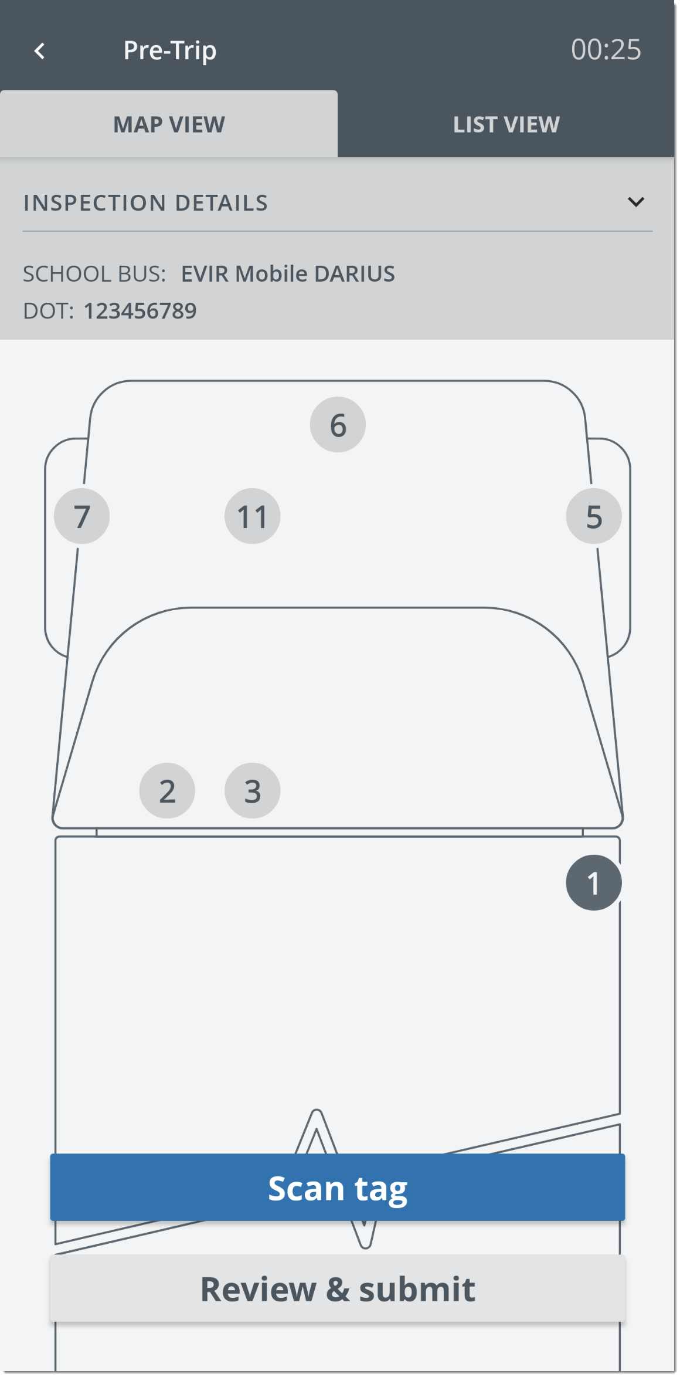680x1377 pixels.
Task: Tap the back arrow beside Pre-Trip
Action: (39, 51)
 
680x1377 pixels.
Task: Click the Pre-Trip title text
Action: (169, 50)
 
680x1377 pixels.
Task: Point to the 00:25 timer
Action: (606, 50)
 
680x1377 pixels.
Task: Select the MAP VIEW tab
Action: (169, 124)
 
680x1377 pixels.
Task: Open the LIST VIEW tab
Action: (506, 124)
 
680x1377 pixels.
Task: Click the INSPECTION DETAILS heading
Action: (145, 203)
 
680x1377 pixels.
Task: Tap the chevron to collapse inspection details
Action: (635, 202)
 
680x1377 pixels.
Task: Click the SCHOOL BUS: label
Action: (94, 274)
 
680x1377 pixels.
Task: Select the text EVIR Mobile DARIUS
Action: (287, 274)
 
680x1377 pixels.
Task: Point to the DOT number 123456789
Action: (140, 311)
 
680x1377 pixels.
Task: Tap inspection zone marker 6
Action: (338, 425)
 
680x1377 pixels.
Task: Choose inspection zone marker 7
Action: (82, 516)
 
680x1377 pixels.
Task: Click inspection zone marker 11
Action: (252, 516)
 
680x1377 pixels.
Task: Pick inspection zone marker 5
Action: (593, 516)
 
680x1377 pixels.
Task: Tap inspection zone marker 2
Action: (167, 791)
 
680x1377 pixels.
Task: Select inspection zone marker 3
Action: (252, 791)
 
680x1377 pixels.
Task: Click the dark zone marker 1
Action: (593, 882)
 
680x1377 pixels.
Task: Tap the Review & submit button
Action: (338, 1289)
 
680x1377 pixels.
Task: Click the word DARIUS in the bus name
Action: (354, 274)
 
